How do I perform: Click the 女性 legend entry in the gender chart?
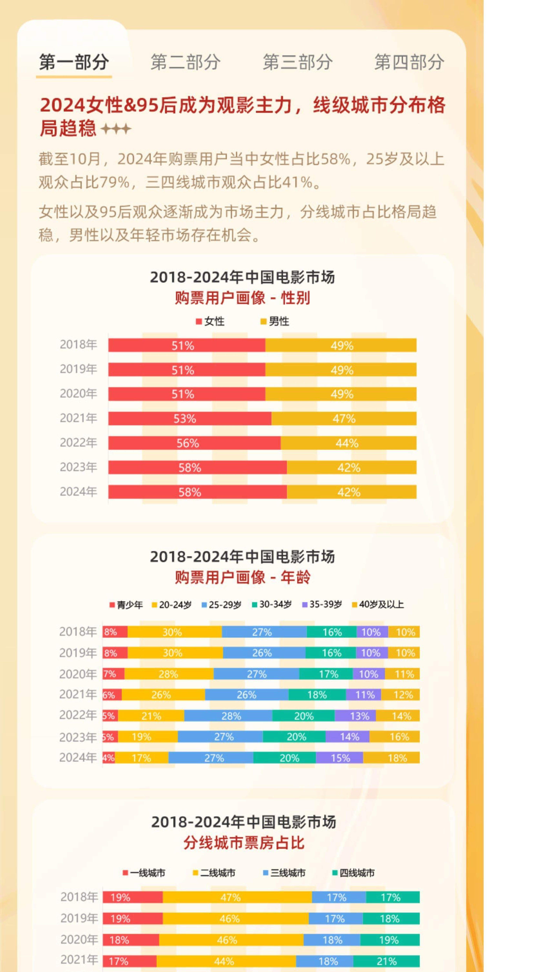pos(210,321)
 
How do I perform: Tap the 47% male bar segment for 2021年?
pos(344,418)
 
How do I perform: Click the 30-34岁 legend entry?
pos(272,604)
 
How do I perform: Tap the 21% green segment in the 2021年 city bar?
pos(386,961)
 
